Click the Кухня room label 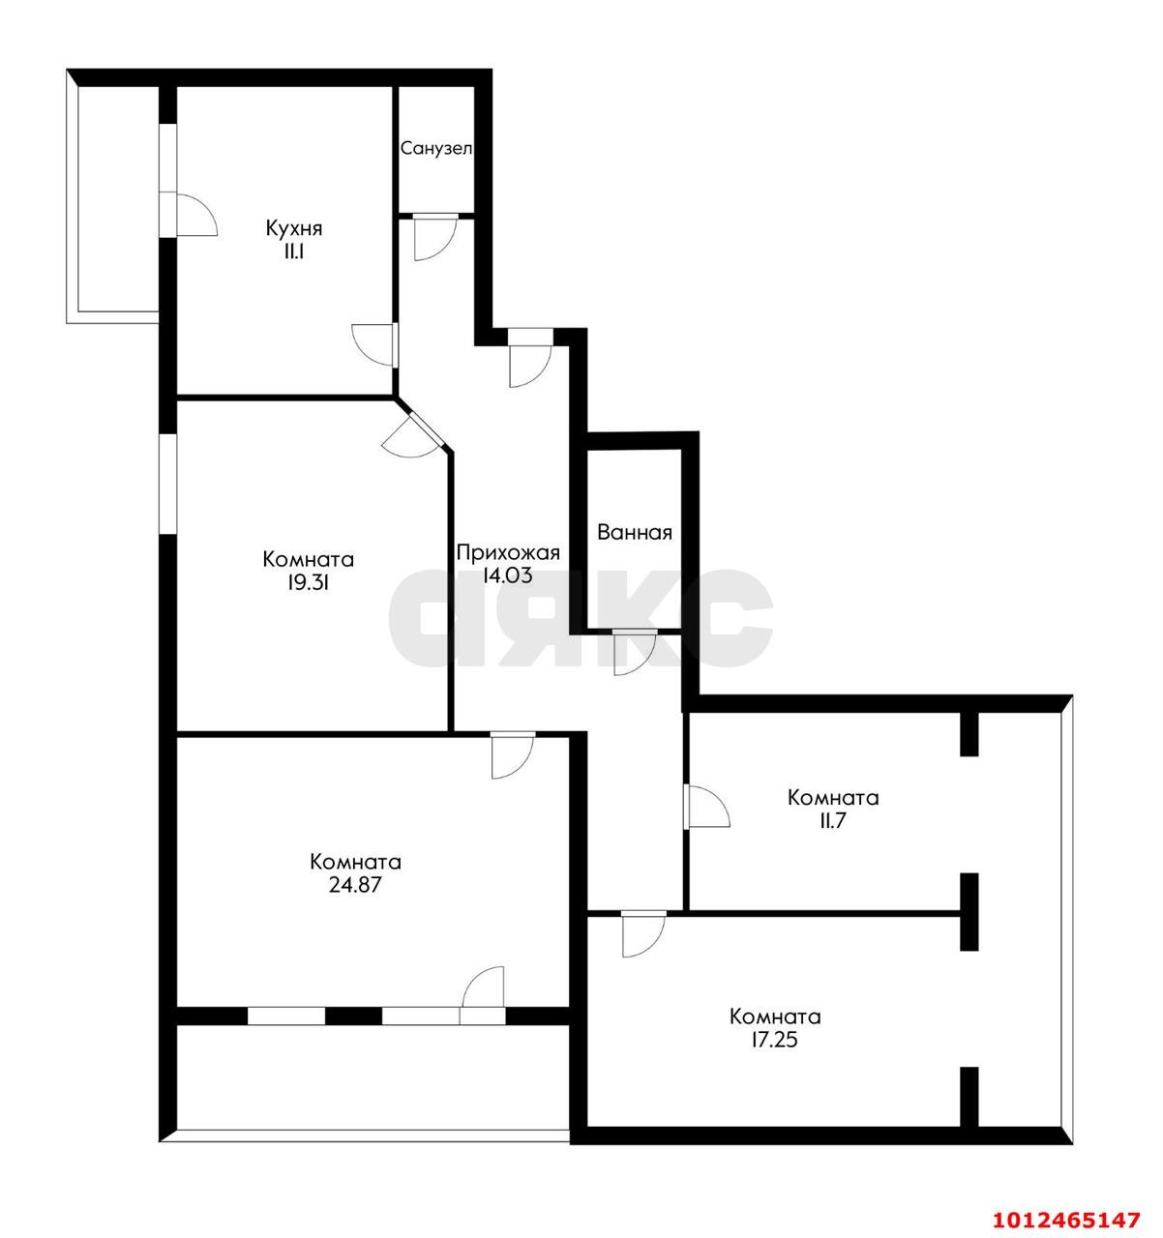[x=294, y=228]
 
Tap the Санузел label [x=436, y=149]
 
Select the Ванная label [x=634, y=532]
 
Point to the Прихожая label [x=508, y=553]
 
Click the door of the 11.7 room [x=706, y=806]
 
